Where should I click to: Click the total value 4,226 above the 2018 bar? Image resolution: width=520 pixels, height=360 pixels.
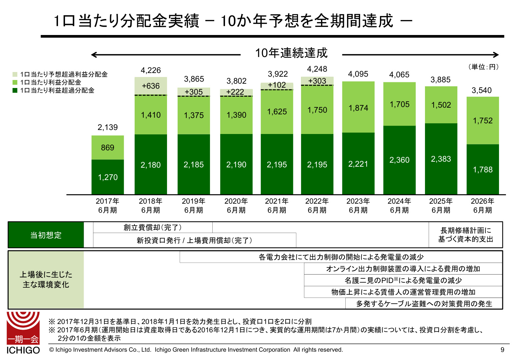pyautogui.click(x=151, y=70)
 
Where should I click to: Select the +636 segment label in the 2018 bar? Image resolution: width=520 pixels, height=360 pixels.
pyautogui.click(x=151, y=86)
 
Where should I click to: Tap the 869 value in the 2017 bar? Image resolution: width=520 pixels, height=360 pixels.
pyautogui.click(x=107, y=148)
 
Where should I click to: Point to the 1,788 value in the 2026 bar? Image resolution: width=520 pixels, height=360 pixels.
pyautogui.click(x=483, y=170)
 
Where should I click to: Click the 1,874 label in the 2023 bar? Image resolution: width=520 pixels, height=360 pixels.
pyautogui.click(x=358, y=108)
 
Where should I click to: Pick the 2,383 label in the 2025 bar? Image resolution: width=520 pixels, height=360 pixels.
pyautogui.click(x=441, y=159)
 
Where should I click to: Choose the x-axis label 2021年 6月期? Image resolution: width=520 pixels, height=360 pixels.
pyautogui.click(x=277, y=205)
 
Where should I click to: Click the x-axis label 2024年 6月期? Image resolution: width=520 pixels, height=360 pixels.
pyautogui.click(x=399, y=205)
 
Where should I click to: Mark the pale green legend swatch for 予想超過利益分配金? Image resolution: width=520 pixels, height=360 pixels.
pyautogui.click(x=15, y=74)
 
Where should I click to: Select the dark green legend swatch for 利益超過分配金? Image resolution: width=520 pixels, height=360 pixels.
pyautogui.click(x=15, y=90)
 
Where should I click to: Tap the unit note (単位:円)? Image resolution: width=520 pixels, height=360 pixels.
pyautogui.click(x=483, y=67)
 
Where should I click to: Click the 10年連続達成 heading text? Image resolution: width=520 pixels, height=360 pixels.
pyautogui.click(x=291, y=53)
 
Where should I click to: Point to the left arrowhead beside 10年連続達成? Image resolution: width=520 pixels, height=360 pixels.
pyautogui.click(x=93, y=55)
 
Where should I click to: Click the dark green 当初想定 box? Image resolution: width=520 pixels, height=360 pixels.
pyautogui.click(x=46, y=235)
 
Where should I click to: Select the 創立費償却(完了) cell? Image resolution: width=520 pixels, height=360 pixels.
pyautogui.click(x=153, y=227)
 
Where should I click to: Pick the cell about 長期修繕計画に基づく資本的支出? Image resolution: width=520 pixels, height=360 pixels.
pyautogui.click(x=465, y=235)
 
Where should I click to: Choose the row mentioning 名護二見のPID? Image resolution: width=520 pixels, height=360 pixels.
pyautogui.click(x=403, y=280)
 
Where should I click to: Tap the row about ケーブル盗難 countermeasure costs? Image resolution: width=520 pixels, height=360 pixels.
pyautogui.click(x=424, y=304)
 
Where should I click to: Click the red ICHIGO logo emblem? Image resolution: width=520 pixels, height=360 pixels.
pyautogui.click(x=23, y=328)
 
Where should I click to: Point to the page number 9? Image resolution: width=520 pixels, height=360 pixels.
pyautogui.click(x=502, y=350)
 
